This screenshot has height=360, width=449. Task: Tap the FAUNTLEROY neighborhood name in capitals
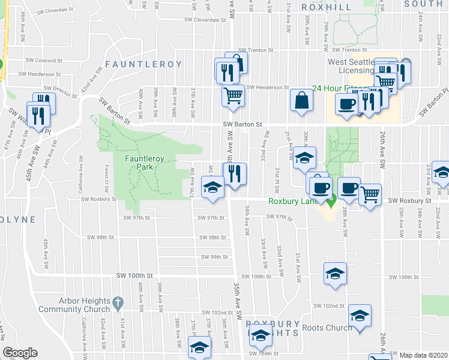pos(143,64)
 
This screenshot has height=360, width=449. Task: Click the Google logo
pos(20,353)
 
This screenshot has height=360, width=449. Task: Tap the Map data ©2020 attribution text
pos(423,355)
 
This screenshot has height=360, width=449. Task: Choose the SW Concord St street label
pos(44,61)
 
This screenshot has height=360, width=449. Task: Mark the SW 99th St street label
pos(215,257)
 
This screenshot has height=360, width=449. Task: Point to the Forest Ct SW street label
pos(106,177)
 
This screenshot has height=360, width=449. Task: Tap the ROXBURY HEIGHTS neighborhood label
pos(272,327)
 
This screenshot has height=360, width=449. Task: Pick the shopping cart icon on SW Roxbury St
pos(369,194)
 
